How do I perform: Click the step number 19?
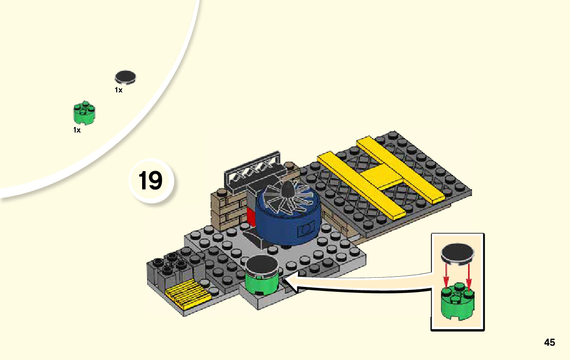coord(151,180)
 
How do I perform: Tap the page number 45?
coord(549,342)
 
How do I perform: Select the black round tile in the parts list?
coord(126,77)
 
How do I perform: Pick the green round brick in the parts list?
coord(84,114)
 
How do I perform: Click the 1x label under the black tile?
coord(118,90)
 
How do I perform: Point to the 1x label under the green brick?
coord(77,130)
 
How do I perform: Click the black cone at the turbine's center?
coord(287,191)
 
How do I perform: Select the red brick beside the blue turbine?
coord(250,217)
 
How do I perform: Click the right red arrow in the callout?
coord(469,277)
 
